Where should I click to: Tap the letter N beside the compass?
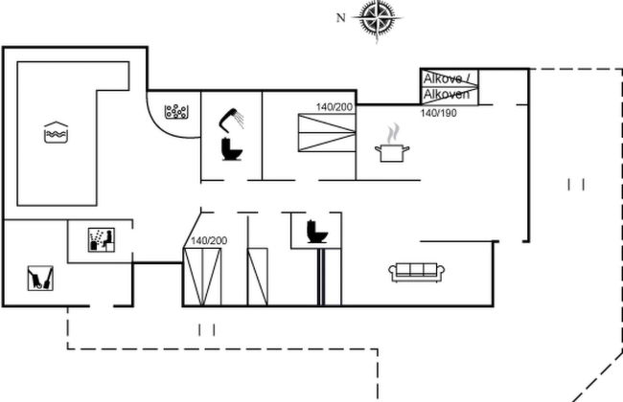(340, 16)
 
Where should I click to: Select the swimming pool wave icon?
(57, 133)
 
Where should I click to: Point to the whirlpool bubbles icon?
(176, 112)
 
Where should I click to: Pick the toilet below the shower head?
(230, 149)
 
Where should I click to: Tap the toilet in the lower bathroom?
(315, 232)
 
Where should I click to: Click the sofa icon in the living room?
(414, 271)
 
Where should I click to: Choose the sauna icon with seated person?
(101, 238)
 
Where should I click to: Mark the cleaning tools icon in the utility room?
(39, 278)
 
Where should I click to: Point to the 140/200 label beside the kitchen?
(335, 107)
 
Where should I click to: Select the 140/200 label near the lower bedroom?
(209, 240)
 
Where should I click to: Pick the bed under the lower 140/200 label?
(203, 276)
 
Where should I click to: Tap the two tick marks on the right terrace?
(576, 184)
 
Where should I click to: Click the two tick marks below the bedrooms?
(207, 329)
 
